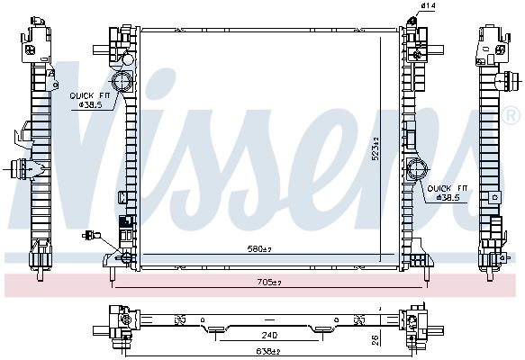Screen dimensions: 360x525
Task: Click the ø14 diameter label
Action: pyautogui.click(x=429, y=7)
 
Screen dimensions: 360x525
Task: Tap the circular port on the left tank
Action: pyautogui.click(x=123, y=82)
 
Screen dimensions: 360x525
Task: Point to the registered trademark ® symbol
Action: pyautogui.click(x=511, y=116)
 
